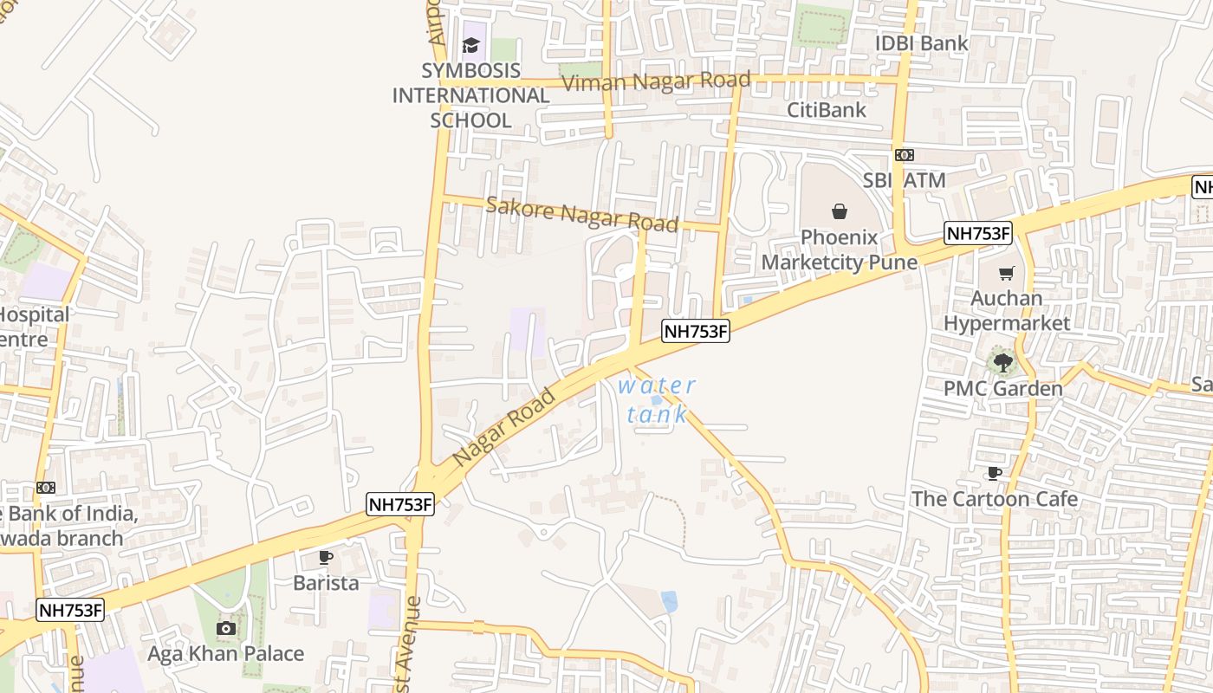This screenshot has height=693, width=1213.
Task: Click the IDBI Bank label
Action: coord(921,43)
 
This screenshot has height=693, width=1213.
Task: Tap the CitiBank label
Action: coord(826,110)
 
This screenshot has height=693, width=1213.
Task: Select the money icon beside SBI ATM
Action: coord(905,155)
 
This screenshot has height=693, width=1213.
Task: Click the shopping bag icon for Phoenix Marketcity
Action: coord(839,210)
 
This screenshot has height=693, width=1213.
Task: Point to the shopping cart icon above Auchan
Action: coord(1006,274)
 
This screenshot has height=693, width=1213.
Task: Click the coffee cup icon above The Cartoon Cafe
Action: coord(994,473)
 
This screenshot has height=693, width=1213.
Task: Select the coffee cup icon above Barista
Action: coord(325,557)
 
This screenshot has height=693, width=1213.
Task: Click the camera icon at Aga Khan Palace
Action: coord(226,628)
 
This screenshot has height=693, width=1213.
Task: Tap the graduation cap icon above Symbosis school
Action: coord(470,45)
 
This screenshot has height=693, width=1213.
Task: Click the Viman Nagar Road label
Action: coord(656,81)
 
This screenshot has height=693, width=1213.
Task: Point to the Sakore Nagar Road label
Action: coord(581,214)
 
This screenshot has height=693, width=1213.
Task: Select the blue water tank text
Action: coord(657,399)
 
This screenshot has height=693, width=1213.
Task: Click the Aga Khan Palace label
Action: coord(225,653)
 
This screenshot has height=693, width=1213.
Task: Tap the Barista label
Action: coord(326,583)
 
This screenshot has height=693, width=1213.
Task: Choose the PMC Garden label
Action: coord(1002,388)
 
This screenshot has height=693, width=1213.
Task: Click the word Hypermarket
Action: coord(1007,323)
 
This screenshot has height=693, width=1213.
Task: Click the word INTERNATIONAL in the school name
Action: coord(470,95)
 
